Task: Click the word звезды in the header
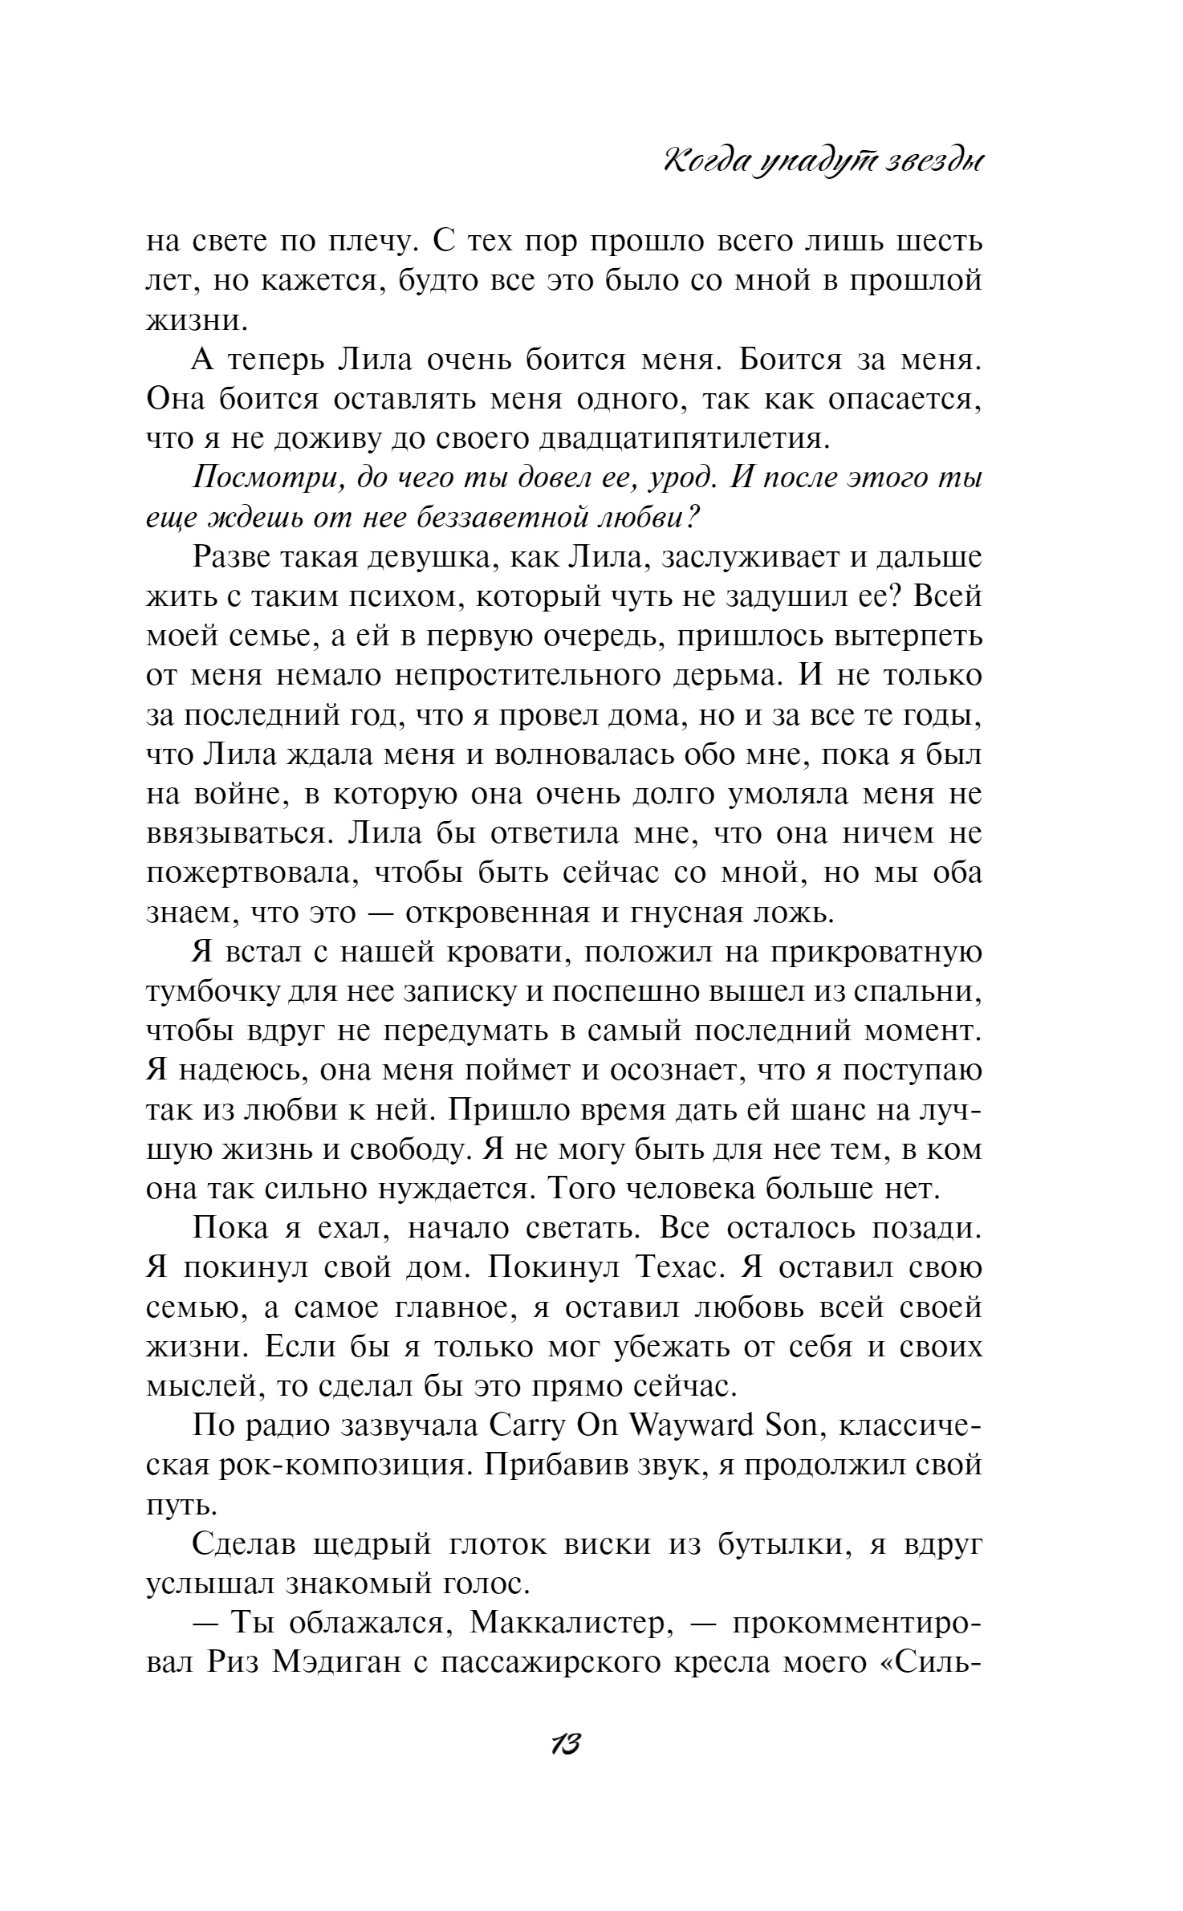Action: click(932, 161)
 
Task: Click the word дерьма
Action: click(722, 676)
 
